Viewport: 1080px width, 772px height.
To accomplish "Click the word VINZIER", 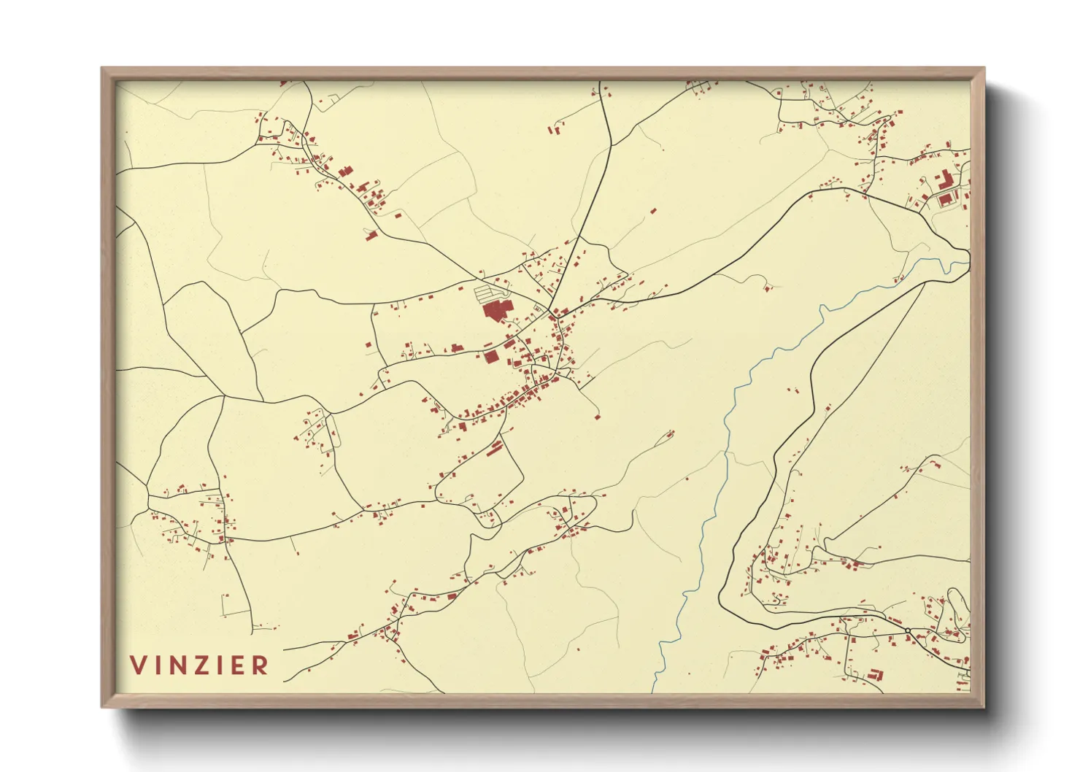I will coord(199,665).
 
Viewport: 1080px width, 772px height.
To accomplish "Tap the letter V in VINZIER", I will coord(139,665).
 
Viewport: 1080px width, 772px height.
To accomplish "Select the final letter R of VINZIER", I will coord(260,665).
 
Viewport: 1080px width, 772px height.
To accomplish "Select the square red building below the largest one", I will coord(491,356).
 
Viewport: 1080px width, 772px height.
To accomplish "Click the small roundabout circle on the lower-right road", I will coord(907,630).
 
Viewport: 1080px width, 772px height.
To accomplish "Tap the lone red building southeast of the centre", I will coord(597,417).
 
